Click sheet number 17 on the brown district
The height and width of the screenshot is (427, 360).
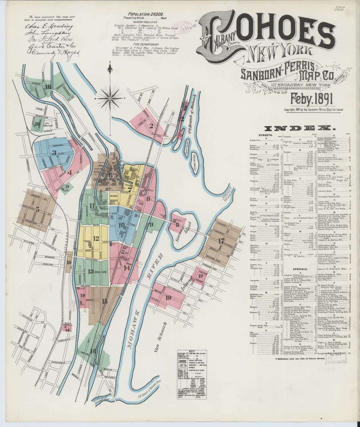pos(221,241)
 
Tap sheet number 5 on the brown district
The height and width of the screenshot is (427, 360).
pos(37,210)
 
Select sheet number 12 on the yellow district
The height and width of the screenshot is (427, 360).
pos(96,238)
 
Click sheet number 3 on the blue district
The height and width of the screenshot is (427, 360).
pos(54,153)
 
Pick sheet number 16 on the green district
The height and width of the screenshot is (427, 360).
pos(93,350)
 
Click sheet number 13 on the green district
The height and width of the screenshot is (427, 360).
pos(91,272)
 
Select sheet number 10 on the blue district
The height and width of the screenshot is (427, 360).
pos(121,225)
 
